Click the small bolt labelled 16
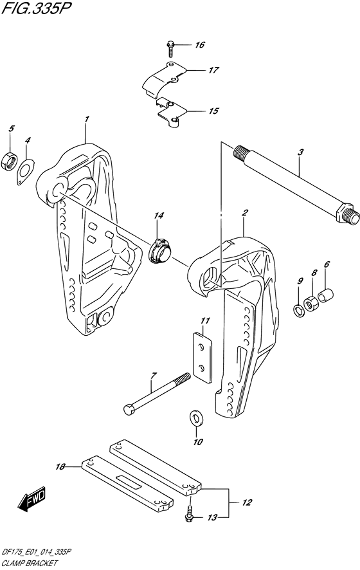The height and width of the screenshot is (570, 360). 170,49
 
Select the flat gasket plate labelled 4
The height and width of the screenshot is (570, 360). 26,170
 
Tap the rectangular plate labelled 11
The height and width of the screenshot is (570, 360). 202,357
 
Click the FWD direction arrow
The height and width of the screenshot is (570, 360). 32,499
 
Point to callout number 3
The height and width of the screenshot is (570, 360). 300,152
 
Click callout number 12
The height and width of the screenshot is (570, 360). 247,502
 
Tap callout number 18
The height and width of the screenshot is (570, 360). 60,467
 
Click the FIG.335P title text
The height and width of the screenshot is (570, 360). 35,9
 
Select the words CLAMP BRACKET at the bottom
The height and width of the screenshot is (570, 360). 30,563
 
